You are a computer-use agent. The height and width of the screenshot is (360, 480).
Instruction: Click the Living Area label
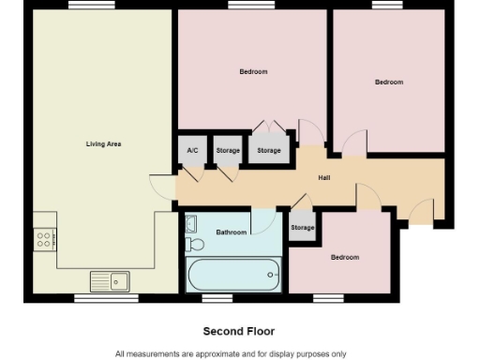coord(103,144)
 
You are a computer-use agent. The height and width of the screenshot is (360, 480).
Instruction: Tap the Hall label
coord(324,177)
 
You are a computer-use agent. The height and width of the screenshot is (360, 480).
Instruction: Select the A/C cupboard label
coord(192,151)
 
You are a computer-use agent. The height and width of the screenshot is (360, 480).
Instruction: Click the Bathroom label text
coord(232,232)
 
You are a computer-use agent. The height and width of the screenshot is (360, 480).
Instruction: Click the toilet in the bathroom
coord(195,245)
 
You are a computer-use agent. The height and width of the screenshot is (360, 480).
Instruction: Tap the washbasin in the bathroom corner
coord(191,224)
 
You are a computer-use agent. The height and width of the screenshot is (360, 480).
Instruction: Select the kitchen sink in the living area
coord(110,279)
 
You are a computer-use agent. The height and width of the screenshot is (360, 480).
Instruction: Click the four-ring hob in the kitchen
coord(44,240)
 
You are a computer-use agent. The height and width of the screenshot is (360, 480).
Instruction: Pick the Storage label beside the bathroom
coord(302,228)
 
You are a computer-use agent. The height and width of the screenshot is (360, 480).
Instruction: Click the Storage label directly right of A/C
coord(228,151)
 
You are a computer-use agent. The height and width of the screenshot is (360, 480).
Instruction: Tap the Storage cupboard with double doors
coord(269,151)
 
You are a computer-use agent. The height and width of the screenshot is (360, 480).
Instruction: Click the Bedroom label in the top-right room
coord(389,82)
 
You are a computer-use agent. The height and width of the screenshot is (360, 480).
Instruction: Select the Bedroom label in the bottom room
coord(344,257)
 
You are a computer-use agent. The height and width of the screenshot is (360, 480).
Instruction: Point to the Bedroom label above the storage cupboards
coord(253,72)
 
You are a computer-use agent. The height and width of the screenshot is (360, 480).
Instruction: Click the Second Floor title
coord(239,331)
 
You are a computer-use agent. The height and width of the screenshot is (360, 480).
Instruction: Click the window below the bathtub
coord(217,299)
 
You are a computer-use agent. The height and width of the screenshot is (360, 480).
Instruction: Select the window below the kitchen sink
coord(93,299)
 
